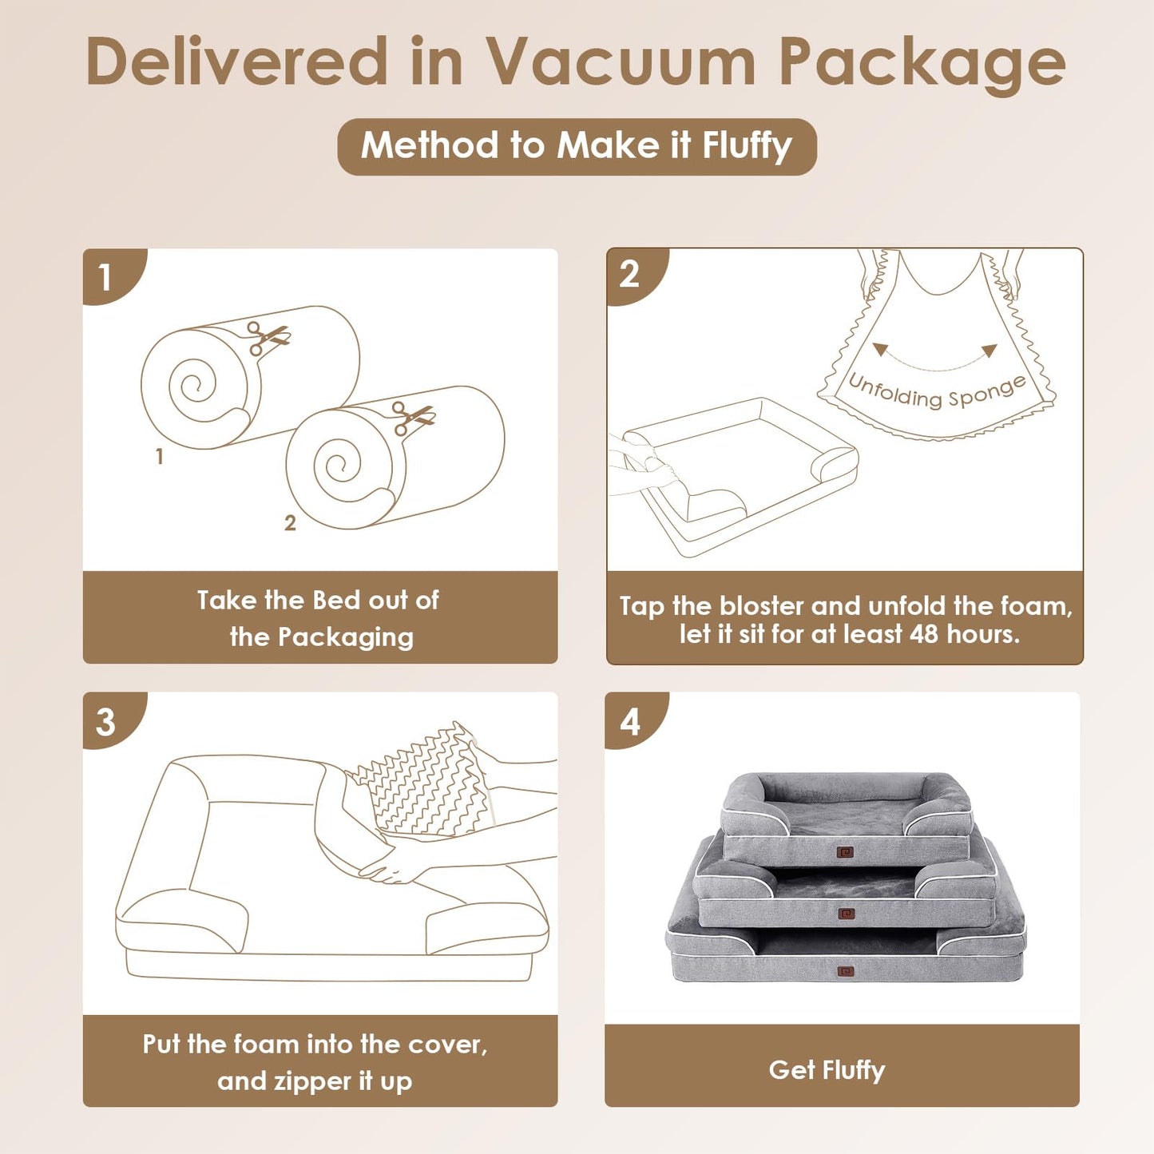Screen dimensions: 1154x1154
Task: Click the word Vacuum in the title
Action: pos(621,62)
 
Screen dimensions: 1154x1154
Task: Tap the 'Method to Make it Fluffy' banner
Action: pos(577,146)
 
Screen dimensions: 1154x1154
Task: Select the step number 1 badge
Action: pos(105,277)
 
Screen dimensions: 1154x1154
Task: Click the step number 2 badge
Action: pos(629,275)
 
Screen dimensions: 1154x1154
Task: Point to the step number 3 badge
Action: pos(105,722)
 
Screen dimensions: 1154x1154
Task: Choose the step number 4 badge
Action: pos(630,722)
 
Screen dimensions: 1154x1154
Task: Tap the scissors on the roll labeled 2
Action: pos(413,417)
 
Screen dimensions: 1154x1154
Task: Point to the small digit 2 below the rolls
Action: pos(290,523)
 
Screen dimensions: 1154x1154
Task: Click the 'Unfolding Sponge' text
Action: pos(937,391)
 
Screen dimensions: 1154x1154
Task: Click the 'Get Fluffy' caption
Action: pos(827,1070)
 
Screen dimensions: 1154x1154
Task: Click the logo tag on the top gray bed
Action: pos(846,852)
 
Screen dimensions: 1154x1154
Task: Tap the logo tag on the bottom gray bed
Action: pos(846,972)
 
